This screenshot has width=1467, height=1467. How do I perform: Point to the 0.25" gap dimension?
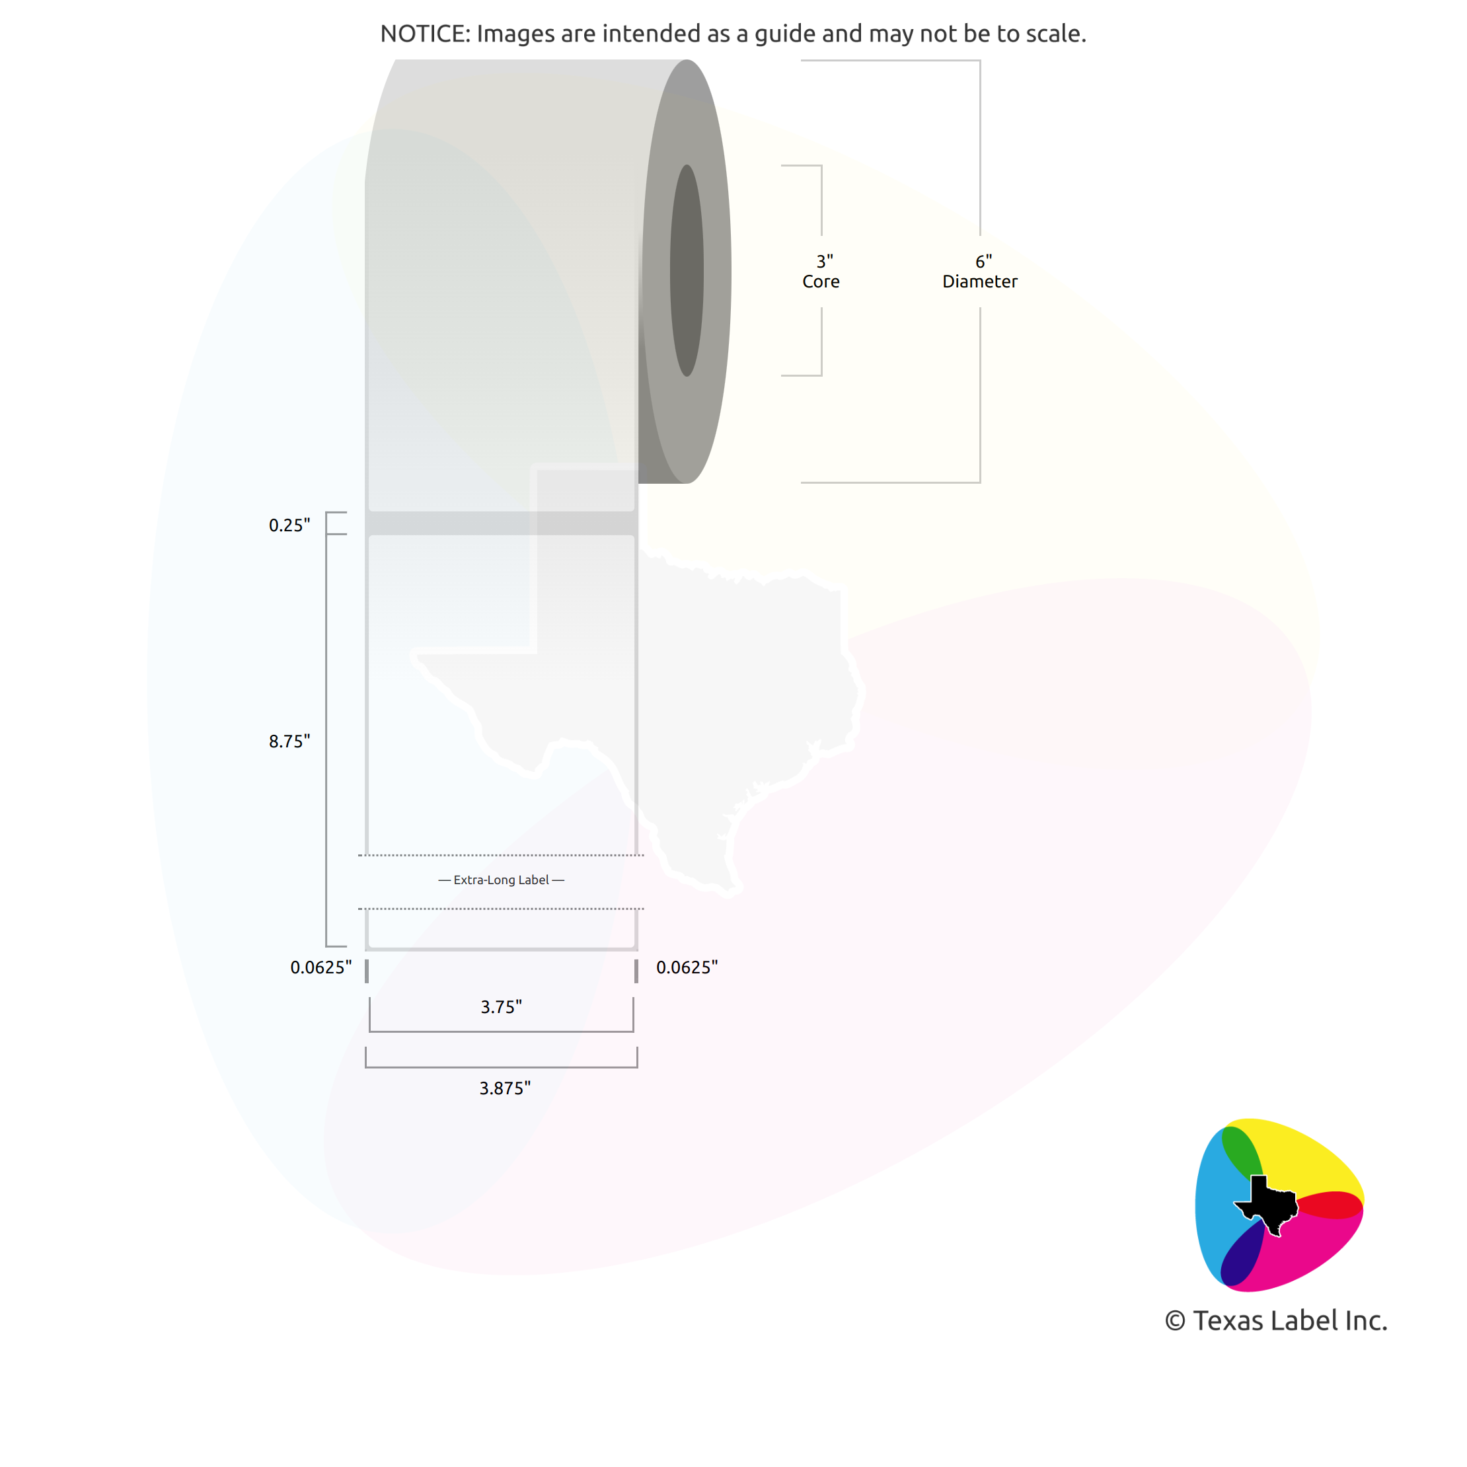click(x=289, y=525)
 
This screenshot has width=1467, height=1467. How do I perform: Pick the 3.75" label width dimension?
click(x=501, y=1007)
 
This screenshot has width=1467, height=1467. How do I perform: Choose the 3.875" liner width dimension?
click(x=505, y=1088)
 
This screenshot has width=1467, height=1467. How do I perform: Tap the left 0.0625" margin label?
click(x=321, y=967)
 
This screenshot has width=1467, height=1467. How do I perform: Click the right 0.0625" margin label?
click(x=687, y=967)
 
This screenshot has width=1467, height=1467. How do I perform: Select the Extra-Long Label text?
click(x=501, y=880)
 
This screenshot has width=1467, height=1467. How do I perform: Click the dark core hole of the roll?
click(x=687, y=270)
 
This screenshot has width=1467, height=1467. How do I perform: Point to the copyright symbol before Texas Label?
click(x=1175, y=1321)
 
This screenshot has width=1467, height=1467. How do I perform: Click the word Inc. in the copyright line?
click(x=1363, y=1320)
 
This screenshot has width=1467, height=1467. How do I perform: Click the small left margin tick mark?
click(x=367, y=971)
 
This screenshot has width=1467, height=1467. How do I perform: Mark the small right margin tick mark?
click(x=636, y=971)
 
